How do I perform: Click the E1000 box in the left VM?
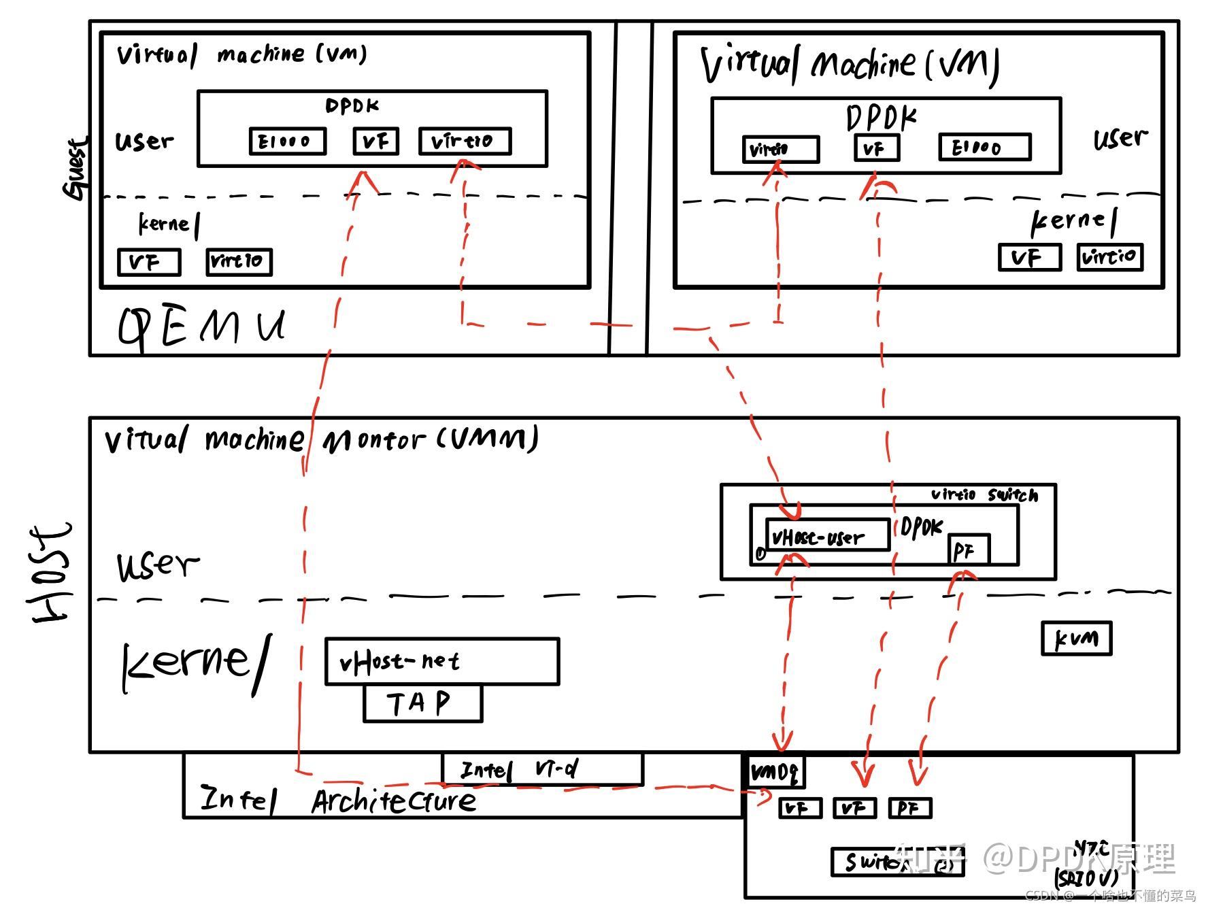tap(287, 141)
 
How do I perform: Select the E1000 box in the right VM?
tap(984, 148)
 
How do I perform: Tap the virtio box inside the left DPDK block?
tap(464, 141)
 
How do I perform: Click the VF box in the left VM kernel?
tap(149, 262)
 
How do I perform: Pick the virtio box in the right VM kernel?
tap(1109, 257)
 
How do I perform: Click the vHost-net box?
tap(442, 661)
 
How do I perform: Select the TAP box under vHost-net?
tap(422, 703)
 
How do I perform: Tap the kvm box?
tap(1076, 639)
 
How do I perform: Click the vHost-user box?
tap(827, 535)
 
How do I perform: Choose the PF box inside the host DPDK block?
tap(968, 550)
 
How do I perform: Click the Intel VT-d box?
tap(542, 769)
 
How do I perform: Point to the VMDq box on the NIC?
tap(775, 771)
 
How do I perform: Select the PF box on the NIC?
tap(909, 808)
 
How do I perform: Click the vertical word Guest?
tap(76, 169)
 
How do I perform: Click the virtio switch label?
tap(984, 494)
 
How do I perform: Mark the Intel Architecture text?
tap(338, 800)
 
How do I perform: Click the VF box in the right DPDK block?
tap(876, 148)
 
